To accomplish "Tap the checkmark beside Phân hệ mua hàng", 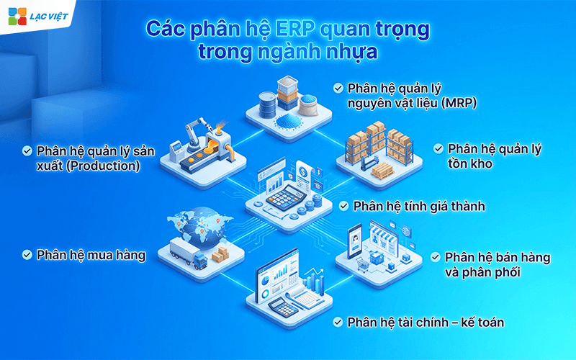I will pyautogui.click(x=27, y=254).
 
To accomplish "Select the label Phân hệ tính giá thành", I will pyautogui.click(x=419, y=206).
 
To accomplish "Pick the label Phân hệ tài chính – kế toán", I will pyautogui.click(x=426, y=321).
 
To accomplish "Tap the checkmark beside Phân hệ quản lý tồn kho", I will pyautogui.click(x=438, y=148).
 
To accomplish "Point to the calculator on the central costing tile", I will pyautogui.click(x=282, y=195).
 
